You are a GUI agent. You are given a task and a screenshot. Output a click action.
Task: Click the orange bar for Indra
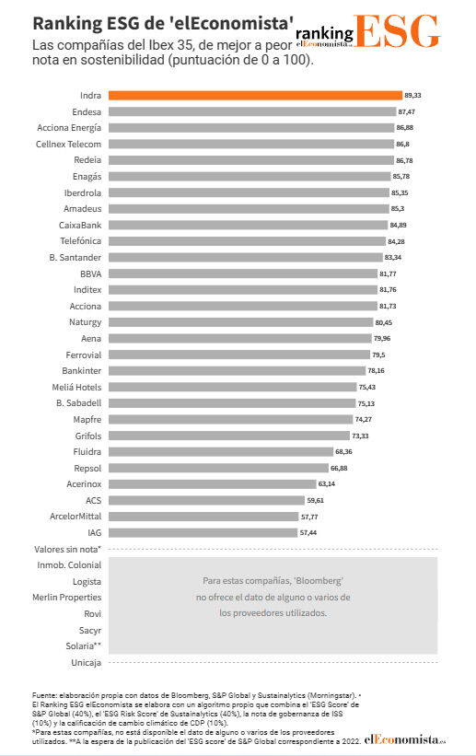coord(255,95)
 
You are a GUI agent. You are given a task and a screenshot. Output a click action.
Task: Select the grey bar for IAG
coord(203,532)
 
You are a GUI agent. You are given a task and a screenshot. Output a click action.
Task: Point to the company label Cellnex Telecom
coord(69,144)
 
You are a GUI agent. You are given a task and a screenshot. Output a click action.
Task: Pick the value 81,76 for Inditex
coord(389,290)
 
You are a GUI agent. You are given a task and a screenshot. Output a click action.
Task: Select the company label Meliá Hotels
coord(76,387)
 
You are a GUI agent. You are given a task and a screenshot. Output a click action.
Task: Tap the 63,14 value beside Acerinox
coord(327,483)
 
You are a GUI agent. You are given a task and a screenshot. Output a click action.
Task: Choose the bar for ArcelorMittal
coord(204,517)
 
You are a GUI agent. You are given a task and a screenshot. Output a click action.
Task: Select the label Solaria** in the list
coord(80,646)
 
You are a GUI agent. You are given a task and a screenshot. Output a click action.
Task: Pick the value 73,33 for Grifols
coord(360,436)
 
